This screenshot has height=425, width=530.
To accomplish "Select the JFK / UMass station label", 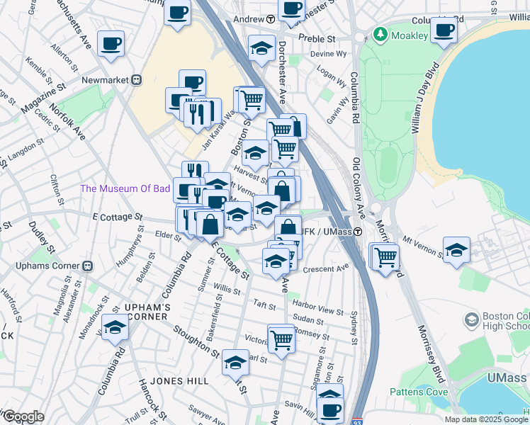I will pyautogui.click(x=326, y=232).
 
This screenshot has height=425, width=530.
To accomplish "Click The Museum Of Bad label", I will pyautogui.click(x=125, y=188).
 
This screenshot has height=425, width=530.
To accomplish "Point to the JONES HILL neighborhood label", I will pyautogui.click(x=179, y=381).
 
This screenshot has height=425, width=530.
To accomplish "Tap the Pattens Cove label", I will pyautogui.click(x=417, y=392).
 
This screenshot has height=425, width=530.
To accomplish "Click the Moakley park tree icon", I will pyautogui.click(x=380, y=34).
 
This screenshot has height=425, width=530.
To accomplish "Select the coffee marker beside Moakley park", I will pyautogui.click(x=444, y=31).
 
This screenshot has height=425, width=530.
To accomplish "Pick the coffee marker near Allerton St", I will pyautogui.click(x=111, y=43).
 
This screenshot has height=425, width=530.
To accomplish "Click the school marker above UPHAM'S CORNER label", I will pyautogui.click(x=115, y=327).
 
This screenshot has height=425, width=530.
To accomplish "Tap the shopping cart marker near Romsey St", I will pyautogui.click(x=281, y=338).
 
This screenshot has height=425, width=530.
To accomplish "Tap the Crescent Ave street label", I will pyautogui.click(x=326, y=268).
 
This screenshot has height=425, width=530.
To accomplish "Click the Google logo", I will pyautogui.click(x=23, y=416).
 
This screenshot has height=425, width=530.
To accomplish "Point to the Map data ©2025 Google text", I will pyautogui.click(x=485, y=419).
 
